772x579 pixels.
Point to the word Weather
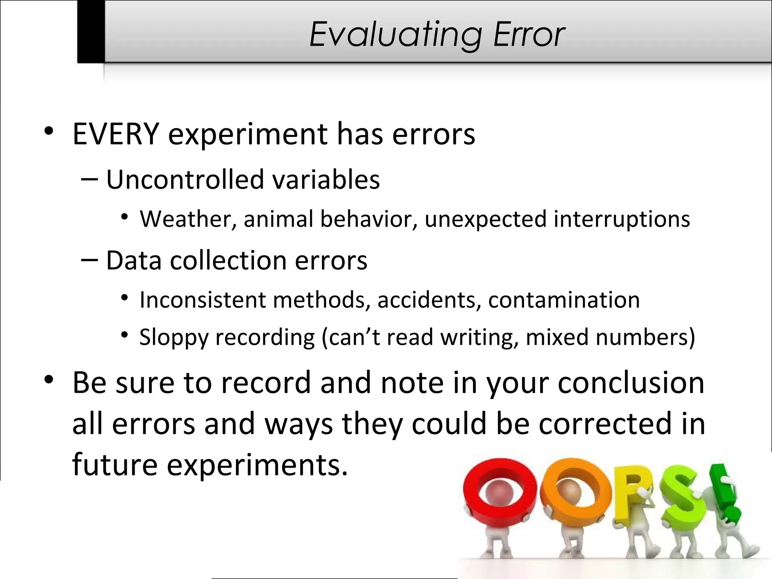point(185,219)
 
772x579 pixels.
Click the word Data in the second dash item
point(134,260)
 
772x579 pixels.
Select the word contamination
point(564,300)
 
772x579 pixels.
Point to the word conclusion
point(631,383)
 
